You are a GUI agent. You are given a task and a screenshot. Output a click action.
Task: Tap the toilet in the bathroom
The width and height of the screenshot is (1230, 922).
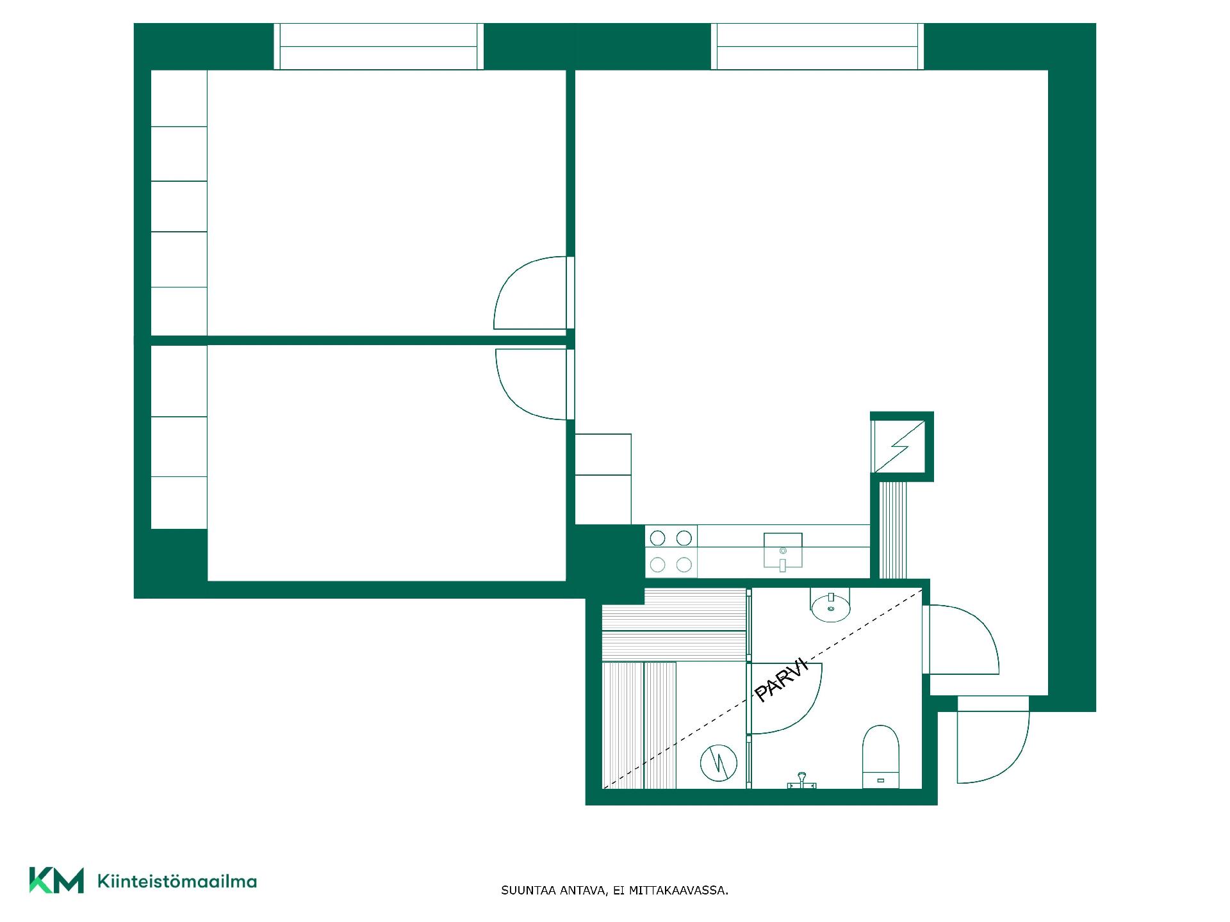(881, 757)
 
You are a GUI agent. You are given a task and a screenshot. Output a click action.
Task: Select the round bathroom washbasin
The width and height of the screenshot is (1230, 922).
(831, 605)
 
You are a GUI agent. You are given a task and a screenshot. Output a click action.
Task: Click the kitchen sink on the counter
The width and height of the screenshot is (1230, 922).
(783, 551)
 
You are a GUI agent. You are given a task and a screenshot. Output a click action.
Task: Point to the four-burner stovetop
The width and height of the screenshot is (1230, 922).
(671, 551)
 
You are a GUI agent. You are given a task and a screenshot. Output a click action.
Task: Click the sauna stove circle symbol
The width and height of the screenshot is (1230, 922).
(718, 763)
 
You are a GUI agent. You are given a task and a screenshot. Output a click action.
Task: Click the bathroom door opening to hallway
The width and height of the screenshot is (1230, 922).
(961, 639)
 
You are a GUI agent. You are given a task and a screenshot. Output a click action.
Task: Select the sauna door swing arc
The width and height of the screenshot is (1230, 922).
(785, 699)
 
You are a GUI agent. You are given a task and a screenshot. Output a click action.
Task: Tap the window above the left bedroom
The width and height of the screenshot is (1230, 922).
(379, 46)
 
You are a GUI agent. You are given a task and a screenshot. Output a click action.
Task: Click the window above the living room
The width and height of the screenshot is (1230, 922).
(817, 46)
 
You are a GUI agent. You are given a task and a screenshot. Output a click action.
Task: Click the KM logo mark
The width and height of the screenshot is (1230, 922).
(56, 880)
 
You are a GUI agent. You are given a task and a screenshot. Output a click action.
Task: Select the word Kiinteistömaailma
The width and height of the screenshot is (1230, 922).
(177, 881)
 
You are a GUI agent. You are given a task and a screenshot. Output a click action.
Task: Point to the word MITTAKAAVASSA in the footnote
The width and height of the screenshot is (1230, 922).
(678, 891)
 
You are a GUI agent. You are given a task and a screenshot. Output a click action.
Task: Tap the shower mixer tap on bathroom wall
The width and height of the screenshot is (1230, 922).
(801, 781)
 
